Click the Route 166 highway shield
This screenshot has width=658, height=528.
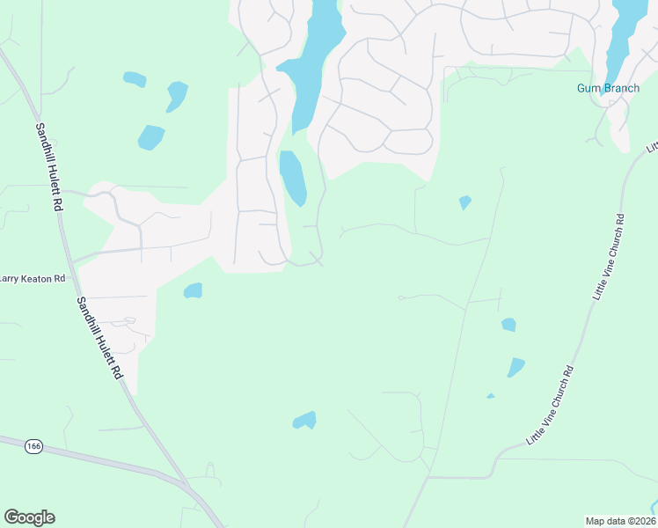33,447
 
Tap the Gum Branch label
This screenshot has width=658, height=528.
608,88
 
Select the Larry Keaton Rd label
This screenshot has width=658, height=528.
33,278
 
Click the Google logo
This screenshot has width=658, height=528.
29,517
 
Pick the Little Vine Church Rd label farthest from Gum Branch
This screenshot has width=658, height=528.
551,405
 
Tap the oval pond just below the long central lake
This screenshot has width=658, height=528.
292,177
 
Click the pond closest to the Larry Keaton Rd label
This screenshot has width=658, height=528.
193,290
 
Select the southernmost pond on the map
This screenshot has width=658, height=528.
304,421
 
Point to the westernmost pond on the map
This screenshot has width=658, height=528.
135,79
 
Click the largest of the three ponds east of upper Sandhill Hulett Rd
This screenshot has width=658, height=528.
150,137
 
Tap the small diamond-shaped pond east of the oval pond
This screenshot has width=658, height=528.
464,202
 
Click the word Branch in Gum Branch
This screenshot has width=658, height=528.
620,88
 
